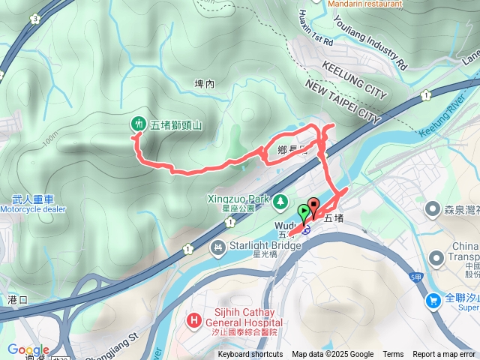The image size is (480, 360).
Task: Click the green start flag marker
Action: (303, 211)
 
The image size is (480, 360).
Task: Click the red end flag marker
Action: (313, 205)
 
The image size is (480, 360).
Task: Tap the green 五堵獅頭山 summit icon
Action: (138, 123)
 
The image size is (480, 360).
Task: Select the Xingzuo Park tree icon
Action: (280, 201)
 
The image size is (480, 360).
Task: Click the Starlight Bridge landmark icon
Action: (218, 247)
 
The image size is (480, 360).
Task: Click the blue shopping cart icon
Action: (433, 301)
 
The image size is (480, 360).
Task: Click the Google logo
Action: (28, 349)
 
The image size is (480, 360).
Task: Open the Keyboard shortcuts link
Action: (250, 355)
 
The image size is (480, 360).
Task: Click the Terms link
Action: (393, 355)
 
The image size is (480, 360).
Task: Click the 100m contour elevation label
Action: (51, 140)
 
